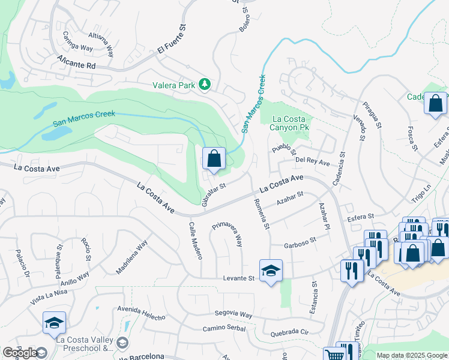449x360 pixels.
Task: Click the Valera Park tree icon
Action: click(205, 85)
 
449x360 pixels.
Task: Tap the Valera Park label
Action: click(173, 86)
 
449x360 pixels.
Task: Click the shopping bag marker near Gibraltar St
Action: click(214, 160)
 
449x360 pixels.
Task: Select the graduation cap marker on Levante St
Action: click(271, 271)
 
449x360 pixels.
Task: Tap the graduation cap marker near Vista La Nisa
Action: click(54, 323)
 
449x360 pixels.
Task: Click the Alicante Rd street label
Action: click(76, 62)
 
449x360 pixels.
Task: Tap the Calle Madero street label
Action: click(196, 241)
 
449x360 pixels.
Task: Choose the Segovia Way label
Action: click(234, 314)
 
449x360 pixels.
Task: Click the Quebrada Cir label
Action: click(289, 332)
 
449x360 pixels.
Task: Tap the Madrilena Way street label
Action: click(131, 257)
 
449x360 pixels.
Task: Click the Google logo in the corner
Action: click(19, 353)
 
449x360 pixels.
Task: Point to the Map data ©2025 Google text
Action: click(411, 355)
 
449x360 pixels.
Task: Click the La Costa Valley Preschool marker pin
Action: click(123, 343)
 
